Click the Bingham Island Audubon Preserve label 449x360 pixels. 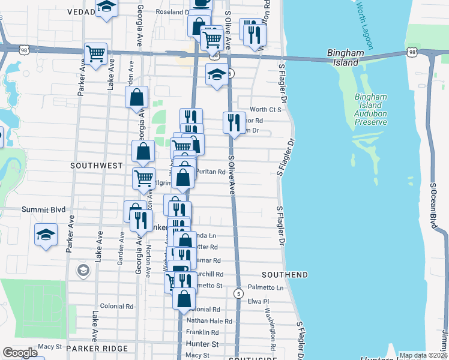click(x=370, y=109)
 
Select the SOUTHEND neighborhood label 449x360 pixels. click(x=285, y=275)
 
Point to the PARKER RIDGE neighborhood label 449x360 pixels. click(x=97, y=348)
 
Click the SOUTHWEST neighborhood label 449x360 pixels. click(x=96, y=165)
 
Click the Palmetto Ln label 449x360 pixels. click(x=265, y=288)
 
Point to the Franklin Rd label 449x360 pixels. click(x=202, y=332)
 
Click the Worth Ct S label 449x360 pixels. click(x=265, y=109)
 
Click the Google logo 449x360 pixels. click(x=20, y=353)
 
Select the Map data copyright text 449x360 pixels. click(x=423, y=355)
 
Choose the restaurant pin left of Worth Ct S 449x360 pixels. click(x=234, y=122)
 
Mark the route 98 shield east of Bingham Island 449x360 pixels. click(x=412, y=53)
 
